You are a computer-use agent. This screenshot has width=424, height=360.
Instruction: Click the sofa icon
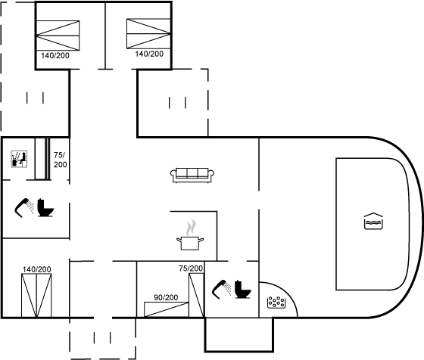(x=192, y=175)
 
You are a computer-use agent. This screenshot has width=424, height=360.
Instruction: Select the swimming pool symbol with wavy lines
(x=373, y=221)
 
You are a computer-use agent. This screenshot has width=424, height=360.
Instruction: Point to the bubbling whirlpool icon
(x=276, y=303)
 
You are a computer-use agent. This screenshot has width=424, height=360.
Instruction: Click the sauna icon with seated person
(x=19, y=159)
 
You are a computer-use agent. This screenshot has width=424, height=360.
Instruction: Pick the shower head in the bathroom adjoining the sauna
(x=24, y=208)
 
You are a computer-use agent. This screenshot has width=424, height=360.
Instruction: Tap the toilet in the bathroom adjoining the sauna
(x=45, y=207)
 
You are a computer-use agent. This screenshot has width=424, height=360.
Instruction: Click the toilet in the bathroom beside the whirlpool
(x=243, y=289)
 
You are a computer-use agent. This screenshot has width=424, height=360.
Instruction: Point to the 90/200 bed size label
(x=166, y=297)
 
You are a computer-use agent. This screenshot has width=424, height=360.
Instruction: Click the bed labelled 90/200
(x=167, y=309)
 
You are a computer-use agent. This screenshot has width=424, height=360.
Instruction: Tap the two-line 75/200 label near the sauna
(x=60, y=160)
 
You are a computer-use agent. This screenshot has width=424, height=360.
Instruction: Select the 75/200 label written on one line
(x=191, y=268)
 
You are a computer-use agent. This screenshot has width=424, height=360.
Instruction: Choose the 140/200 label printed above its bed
(x=36, y=269)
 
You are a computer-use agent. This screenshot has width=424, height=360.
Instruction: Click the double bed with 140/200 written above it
(x=36, y=296)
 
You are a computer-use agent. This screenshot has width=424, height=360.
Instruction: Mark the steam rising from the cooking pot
(x=191, y=228)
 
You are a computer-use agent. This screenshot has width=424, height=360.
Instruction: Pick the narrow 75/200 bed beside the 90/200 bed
(x=196, y=295)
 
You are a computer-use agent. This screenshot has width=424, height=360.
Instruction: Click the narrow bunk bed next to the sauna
(x=42, y=159)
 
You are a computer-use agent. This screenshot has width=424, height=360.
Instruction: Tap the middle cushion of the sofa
(x=192, y=173)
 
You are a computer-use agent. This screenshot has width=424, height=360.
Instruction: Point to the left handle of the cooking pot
(x=179, y=239)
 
